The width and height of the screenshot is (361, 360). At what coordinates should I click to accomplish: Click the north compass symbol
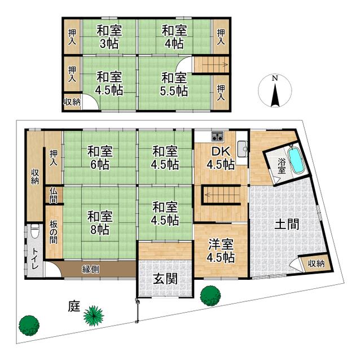[274, 91]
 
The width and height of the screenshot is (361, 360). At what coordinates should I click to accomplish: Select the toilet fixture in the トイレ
[35, 231]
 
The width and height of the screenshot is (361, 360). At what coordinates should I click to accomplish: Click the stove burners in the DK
[218, 136]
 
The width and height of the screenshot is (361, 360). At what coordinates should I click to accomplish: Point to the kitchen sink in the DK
[241, 148]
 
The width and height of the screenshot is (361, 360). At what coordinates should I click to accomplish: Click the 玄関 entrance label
[165, 279]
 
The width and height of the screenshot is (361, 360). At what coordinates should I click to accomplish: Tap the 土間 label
[287, 225]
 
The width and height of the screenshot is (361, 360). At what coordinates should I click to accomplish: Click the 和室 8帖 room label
[99, 222]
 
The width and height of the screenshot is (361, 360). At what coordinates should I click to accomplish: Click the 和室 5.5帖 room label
[173, 84]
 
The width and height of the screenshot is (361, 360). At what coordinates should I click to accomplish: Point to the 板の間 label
[53, 231]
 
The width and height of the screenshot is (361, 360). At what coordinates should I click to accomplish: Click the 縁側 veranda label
[91, 269]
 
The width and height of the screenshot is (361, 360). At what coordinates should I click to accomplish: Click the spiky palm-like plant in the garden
[94, 315]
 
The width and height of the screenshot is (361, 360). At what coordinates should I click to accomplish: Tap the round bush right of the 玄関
[210, 295]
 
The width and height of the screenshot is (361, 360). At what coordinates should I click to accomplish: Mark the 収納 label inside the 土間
[315, 264]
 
